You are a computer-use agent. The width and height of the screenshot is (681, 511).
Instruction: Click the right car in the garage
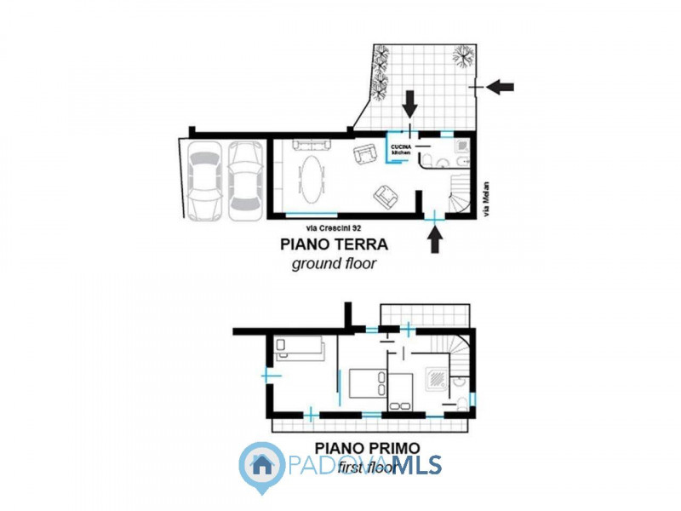click(245, 181)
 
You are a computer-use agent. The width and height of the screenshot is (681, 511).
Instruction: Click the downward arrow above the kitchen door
click(410, 105)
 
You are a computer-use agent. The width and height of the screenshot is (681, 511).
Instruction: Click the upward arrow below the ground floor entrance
click(435, 242)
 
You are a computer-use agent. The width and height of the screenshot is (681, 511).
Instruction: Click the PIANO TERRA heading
click(334, 245)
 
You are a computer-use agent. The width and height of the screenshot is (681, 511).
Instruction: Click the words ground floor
click(334, 264)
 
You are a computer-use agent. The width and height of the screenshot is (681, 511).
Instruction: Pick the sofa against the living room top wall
click(305, 145)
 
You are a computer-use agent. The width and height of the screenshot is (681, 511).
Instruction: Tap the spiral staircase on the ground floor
click(460, 194)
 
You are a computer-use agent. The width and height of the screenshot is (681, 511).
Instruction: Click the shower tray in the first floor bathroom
click(435, 377)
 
